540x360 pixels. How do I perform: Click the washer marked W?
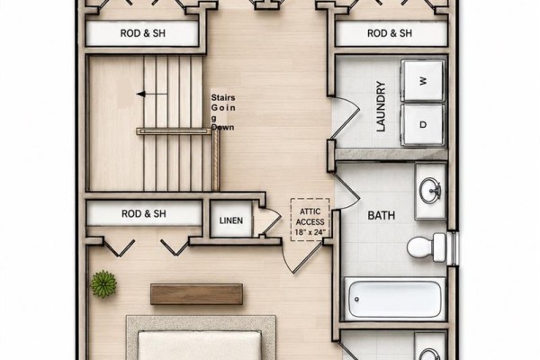click(x=423, y=81)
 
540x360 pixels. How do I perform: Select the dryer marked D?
click(x=423, y=124)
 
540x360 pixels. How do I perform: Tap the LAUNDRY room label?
click(x=381, y=106)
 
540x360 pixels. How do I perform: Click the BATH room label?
click(x=382, y=216)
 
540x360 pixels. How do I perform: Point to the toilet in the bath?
click(x=427, y=247)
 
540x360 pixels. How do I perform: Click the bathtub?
click(x=395, y=299)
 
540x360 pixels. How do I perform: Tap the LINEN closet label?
click(x=230, y=220)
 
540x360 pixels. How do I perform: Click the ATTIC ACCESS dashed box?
click(x=310, y=220)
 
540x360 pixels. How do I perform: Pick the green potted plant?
click(x=103, y=284)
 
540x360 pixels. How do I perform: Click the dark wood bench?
click(x=196, y=294)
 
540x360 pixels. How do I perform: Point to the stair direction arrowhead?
click(x=140, y=94)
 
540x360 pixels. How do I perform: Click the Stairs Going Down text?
click(x=223, y=112)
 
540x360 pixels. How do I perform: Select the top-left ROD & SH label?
click(x=142, y=33)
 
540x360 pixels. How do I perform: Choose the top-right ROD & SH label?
click(x=390, y=33)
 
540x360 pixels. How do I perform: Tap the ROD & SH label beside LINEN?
click(x=144, y=214)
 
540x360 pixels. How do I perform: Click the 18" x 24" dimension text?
click(x=310, y=232)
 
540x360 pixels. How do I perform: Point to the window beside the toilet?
click(x=454, y=248)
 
